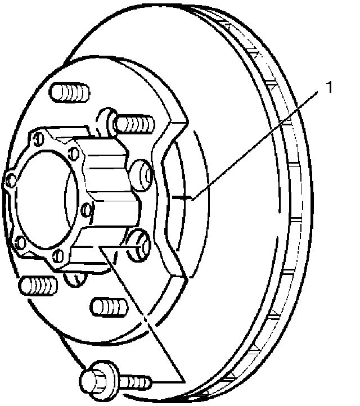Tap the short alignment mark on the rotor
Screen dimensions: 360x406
182,197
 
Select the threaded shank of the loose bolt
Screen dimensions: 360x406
134,382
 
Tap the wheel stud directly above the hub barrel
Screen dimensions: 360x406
134,122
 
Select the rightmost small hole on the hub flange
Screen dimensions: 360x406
86,210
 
